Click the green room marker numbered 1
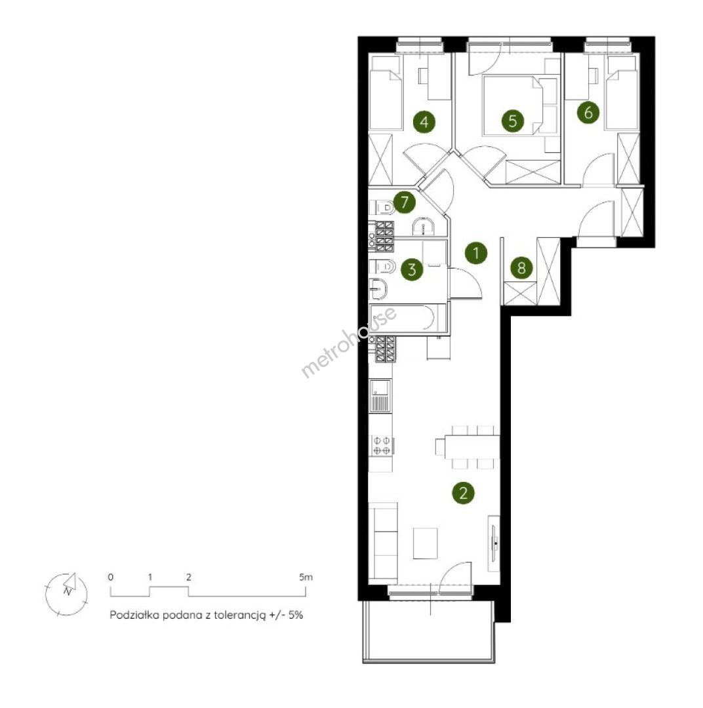point(475,253)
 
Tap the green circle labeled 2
point(463,492)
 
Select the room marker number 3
point(412,270)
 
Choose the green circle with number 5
point(512,121)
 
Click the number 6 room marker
point(588,113)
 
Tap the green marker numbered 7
point(405,203)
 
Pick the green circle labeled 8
point(521,268)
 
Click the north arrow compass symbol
point(66,594)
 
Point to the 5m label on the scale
point(306,577)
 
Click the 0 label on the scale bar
point(111,577)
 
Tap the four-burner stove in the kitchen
point(382,445)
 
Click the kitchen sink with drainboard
point(380,395)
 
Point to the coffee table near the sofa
point(425,543)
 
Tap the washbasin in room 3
point(378,289)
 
